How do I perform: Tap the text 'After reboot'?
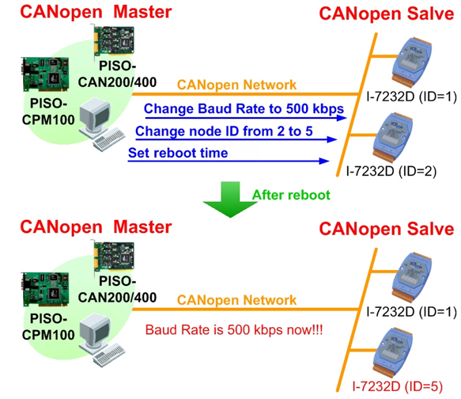coord(291,195)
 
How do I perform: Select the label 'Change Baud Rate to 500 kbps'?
coord(244,108)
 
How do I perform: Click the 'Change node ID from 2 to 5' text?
coord(224,131)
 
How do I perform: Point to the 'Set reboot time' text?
coord(178,153)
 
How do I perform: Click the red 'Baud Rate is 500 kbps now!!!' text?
coord(234,330)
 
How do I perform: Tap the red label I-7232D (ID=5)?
coord(398,386)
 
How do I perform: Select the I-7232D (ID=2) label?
coord(391,171)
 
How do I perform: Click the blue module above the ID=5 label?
coord(392,352)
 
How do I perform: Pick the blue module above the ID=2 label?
coord(392,138)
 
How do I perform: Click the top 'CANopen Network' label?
coord(236,85)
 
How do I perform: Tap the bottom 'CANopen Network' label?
coord(236,300)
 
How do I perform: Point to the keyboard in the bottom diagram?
coord(109,355)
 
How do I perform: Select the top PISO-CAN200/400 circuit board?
coord(114,41)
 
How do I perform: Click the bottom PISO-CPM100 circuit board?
coord(45,290)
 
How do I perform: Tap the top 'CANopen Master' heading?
coord(96,12)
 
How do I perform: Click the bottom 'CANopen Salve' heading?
coord(387,229)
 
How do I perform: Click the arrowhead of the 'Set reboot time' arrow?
coord(324,161)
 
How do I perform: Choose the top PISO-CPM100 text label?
coord(48,112)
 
